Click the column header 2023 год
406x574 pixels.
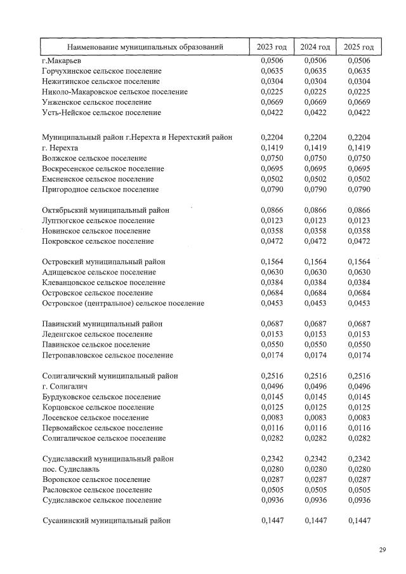pos(272,47)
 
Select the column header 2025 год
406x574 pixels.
pos(358,47)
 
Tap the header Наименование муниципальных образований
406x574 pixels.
pos(145,47)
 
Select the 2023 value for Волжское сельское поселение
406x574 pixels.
pos(272,158)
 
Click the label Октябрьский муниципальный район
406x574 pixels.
pos(105,210)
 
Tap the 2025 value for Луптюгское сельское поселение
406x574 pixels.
pos(358,220)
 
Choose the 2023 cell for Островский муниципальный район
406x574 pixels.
pos(272,262)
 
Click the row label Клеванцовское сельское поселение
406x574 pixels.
pos(101,283)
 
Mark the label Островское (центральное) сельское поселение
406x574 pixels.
pos(123,304)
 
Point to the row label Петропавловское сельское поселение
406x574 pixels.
pos(107,355)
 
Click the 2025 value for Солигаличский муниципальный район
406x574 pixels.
pos(358,376)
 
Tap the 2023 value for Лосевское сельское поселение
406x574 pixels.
pos(272,417)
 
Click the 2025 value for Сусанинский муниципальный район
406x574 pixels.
pos(358,521)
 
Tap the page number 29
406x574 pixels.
pos(383,550)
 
